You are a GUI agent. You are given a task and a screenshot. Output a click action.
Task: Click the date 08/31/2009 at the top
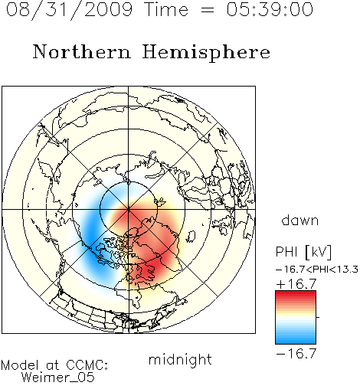click(69, 10)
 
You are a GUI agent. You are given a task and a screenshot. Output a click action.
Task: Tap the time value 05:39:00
click(270, 9)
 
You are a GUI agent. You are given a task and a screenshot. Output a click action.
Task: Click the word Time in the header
click(166, 9)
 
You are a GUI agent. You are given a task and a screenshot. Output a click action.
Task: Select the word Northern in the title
click(82, 51)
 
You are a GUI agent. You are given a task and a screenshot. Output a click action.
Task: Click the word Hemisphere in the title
click(206, 53)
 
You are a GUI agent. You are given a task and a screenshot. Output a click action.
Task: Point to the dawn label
click(300, 220)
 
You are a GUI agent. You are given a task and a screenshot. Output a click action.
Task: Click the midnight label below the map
click(180, 360)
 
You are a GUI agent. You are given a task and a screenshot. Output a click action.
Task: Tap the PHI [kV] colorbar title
click(303, 252)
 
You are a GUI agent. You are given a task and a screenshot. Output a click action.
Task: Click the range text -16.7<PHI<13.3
click(317, 270)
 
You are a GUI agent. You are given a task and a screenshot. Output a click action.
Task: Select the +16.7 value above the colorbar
click(296, 284)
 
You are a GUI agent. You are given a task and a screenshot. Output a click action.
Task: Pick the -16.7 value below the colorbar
click(296, 354)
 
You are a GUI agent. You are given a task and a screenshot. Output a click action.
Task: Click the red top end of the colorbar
click(296, 293)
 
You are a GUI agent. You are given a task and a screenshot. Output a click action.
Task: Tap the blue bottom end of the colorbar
click(296, 342)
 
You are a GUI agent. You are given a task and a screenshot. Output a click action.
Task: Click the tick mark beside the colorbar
click(318, 317)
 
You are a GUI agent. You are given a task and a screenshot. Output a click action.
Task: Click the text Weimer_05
click(58, 377)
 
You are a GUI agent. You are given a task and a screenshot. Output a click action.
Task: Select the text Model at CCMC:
click(54, 365)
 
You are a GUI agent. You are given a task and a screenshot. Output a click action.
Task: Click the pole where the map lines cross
click(129, 210)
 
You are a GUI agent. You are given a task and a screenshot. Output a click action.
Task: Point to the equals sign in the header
click(208, 10)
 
